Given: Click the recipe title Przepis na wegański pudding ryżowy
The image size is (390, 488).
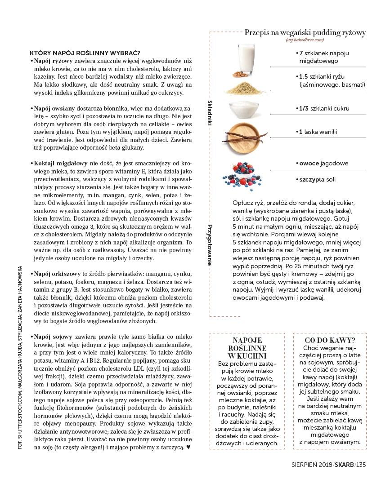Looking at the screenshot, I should click(x=305, y=33).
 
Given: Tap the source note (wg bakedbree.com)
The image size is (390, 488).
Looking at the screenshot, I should click(x=305, y=40).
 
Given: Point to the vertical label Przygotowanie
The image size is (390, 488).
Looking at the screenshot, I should click(x=210, y=244).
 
